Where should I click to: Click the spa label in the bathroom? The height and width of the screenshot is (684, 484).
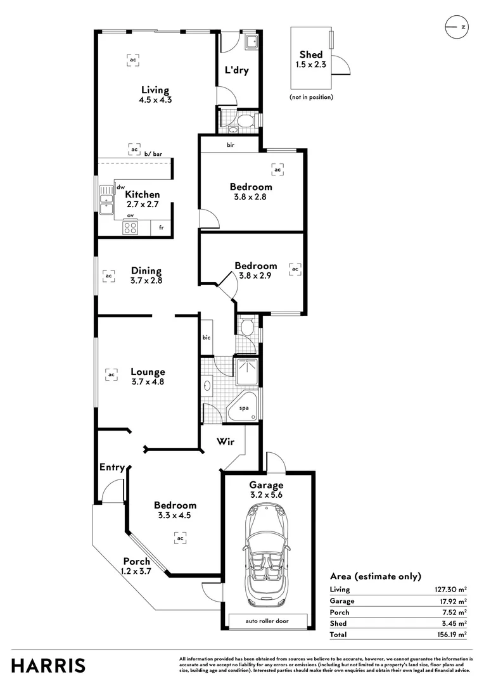point(244,408)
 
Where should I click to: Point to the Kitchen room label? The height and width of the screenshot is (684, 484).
point(142,194)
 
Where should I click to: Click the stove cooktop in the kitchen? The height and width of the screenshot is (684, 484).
point(131,228)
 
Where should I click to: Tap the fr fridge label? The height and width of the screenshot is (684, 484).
point(162,227)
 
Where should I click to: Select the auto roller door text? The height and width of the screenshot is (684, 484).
point(267,621)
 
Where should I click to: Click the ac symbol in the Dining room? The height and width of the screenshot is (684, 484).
point(108,276)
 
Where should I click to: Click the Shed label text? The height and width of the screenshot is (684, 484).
point(310,55)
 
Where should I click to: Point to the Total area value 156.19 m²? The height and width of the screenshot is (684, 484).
point(450,634)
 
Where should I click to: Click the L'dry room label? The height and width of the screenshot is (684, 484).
point(236,70)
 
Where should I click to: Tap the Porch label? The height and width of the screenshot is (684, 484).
point(136,561)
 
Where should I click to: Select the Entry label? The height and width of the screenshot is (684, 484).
point(111,467)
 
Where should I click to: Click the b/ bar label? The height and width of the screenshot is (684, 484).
point(153,154)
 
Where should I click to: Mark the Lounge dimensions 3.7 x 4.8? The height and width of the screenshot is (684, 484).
point(148,382)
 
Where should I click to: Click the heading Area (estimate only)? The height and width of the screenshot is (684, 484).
point(375,576)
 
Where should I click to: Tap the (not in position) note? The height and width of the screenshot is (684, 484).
point(311,97)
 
